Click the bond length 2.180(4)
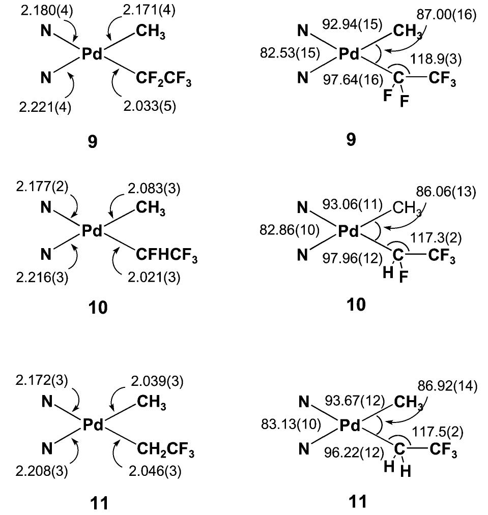click(47, 11)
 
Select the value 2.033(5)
click(150, 106)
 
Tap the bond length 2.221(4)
click(45, 107)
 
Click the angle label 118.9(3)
click(436, 59)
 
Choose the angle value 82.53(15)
click(290, 53)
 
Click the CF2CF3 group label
click(164, 79)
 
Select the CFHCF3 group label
click(167, 255)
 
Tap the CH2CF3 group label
click(165, 449)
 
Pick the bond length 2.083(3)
click(154, 189)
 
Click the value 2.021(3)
click(154, 278)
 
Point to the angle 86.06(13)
click(446, 192)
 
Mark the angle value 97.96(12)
click(353, 258)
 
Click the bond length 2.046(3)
click(155, 472)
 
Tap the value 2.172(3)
click(42, 380)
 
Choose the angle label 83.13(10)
click(291, 425)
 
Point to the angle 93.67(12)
click(355, 401)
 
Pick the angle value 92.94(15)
click(352, 24)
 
